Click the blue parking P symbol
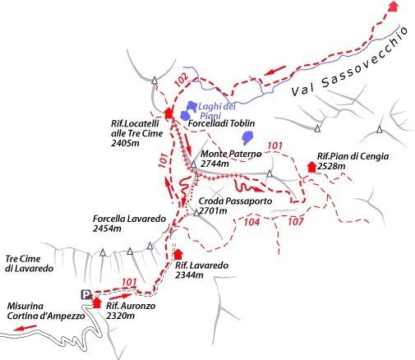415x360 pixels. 85,294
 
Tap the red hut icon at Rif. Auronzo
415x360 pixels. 99,302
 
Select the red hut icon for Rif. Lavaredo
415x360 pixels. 178,254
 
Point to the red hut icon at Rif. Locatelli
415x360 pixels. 169,113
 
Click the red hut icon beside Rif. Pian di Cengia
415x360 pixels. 311,167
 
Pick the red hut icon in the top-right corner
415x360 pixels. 393,6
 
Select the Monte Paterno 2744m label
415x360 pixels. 230,159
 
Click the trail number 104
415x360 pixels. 251,222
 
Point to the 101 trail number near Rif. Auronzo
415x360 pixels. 128,283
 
